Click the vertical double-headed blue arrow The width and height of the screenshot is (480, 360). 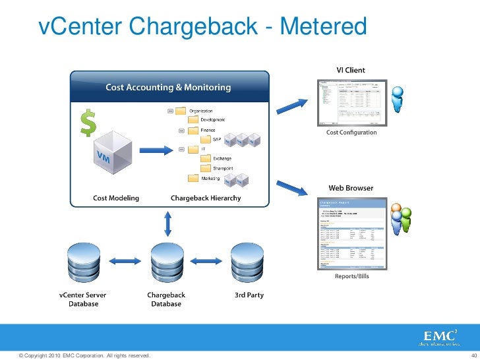click(168, 224)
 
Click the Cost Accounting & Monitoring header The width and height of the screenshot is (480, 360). click(169, 87)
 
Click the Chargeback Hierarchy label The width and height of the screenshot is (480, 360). click(206, 198)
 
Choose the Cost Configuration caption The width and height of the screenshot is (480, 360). click(351, 133)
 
